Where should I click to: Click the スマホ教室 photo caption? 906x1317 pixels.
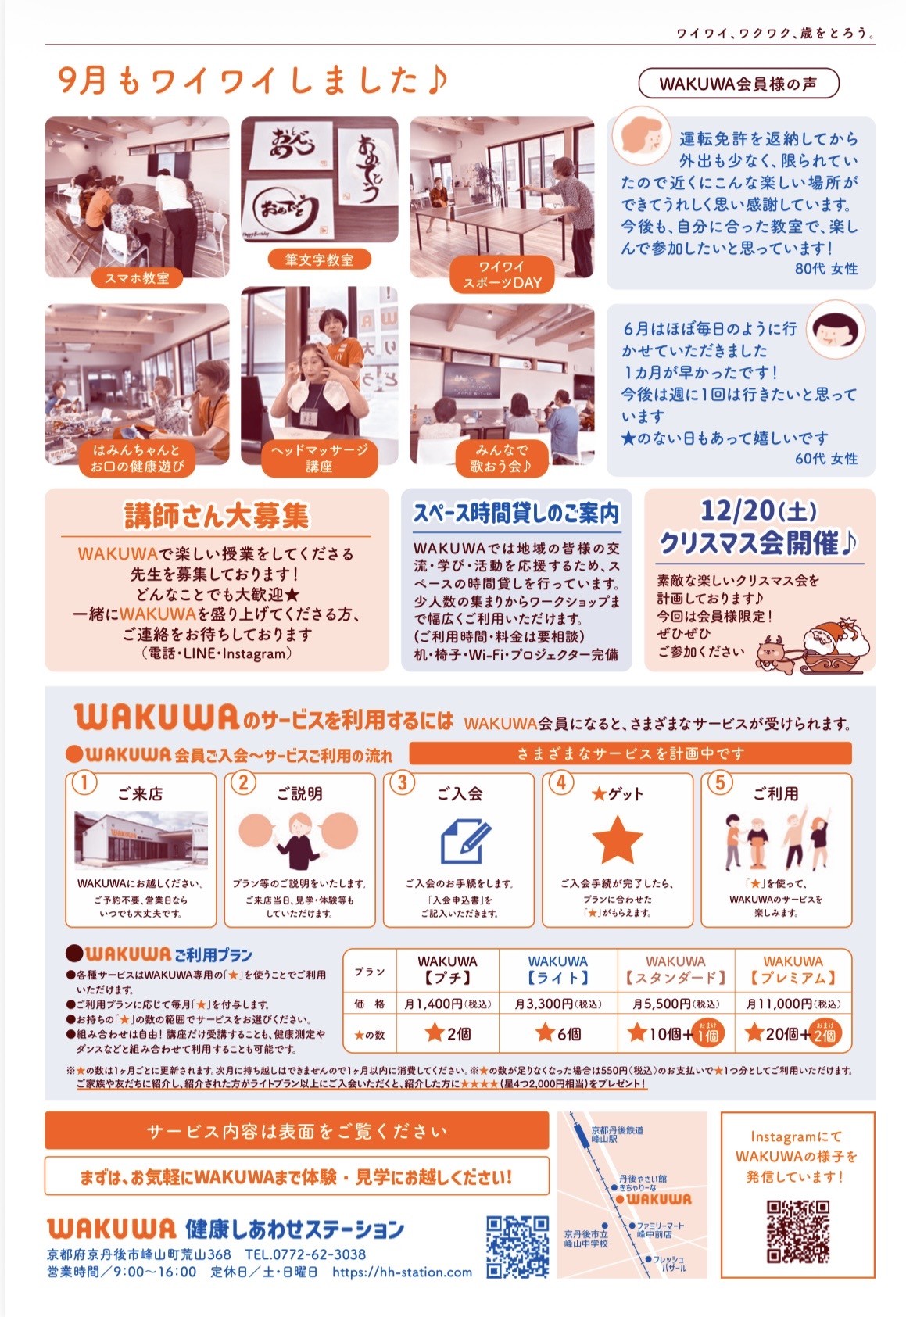(x=136, y=278)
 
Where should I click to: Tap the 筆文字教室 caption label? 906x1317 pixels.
(x=319, y=259)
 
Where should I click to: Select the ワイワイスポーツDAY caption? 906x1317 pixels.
(x=502, y=274)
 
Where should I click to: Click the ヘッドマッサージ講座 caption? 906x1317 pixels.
(x=319, y=458)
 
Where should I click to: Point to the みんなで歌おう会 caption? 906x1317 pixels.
(x=502, y=458)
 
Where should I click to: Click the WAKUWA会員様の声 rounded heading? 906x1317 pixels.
(x=739, y=84)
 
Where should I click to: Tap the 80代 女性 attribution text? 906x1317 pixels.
(x=826, y=269)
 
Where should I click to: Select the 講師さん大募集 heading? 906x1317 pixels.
(x=217, y=516)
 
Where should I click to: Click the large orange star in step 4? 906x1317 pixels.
(x=617, y=839)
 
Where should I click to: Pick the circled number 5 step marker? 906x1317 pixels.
(x=720, y=782)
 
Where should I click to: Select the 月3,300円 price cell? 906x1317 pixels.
(x=557, y=1004)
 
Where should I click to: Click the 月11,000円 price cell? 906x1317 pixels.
(x=793, y=1004)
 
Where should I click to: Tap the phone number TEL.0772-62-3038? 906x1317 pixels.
(x=305, y=1254)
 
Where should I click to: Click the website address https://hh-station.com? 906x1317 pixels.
(x=402, y=1272)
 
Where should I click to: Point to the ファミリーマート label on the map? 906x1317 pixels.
(x=661, y=1226)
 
